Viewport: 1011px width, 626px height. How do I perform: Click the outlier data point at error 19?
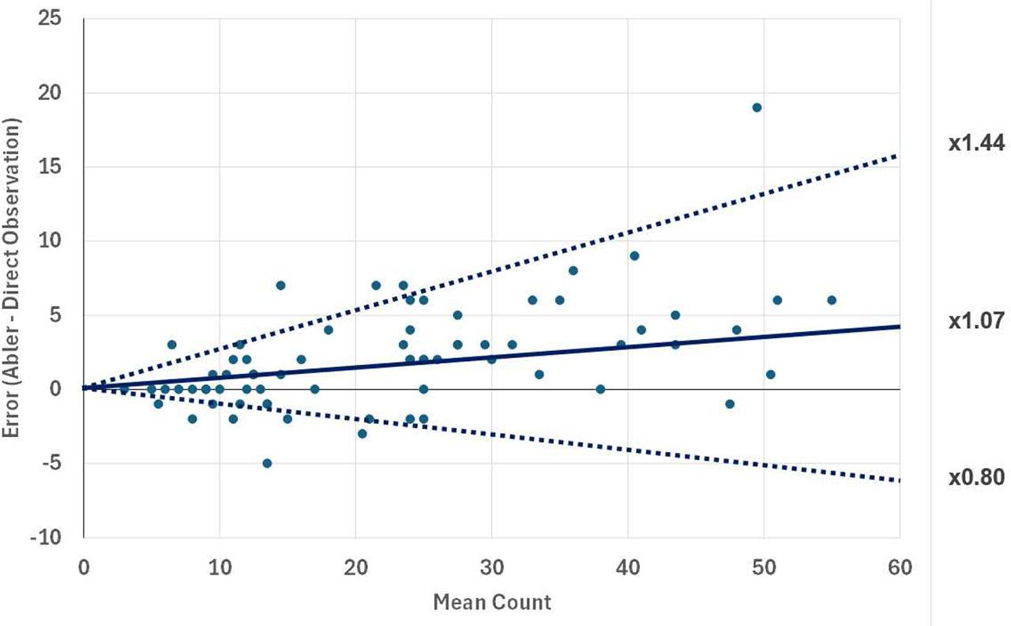[757, 107]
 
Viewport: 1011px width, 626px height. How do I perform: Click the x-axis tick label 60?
[900, 568]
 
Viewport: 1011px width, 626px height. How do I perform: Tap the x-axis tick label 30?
[491, 568]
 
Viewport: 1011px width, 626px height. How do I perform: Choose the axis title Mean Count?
[491, 602]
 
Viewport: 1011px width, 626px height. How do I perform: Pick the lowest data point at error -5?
[267, 463]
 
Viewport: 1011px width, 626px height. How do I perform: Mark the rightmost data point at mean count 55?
[832, 300]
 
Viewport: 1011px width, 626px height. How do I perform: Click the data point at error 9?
[634, 255]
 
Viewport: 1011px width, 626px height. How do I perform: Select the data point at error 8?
[573, 270]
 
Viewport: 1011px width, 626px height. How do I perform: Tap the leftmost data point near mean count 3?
[124, 389]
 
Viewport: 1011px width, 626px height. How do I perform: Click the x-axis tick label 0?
[84, 568]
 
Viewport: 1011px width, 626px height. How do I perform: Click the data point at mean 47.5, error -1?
[730, 404]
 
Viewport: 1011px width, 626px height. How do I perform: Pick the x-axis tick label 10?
[220, 568]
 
